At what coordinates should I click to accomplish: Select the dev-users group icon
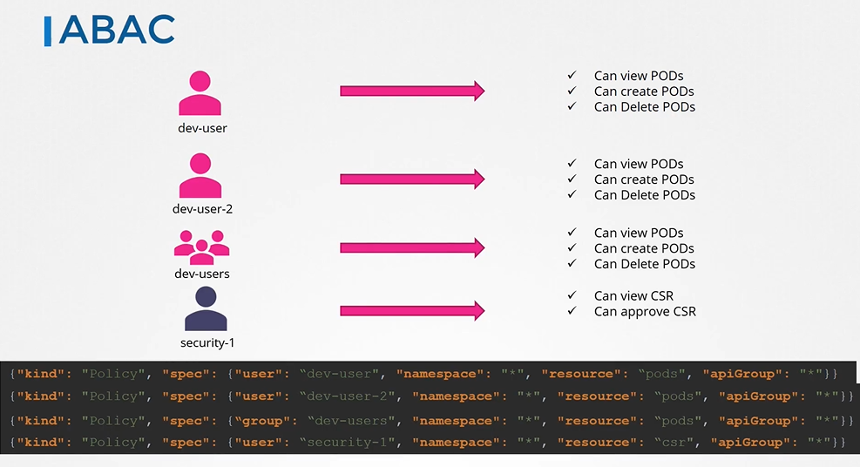coord(201,247)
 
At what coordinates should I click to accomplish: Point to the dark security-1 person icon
coord(205,309)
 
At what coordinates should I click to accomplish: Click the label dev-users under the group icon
coord(201,274)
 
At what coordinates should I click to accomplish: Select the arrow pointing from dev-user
coord(411,91)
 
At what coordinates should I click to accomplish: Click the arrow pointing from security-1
coord(411,311)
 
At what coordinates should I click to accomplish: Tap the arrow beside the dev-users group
coord(411,248)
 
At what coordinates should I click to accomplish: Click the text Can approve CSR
coord(645,311)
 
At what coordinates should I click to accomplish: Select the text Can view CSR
coord(633,295)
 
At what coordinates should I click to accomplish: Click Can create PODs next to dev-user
coord(644,91)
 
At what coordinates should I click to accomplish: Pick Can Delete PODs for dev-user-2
coord(644,195)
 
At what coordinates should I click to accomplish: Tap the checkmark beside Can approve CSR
coord(572,311)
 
